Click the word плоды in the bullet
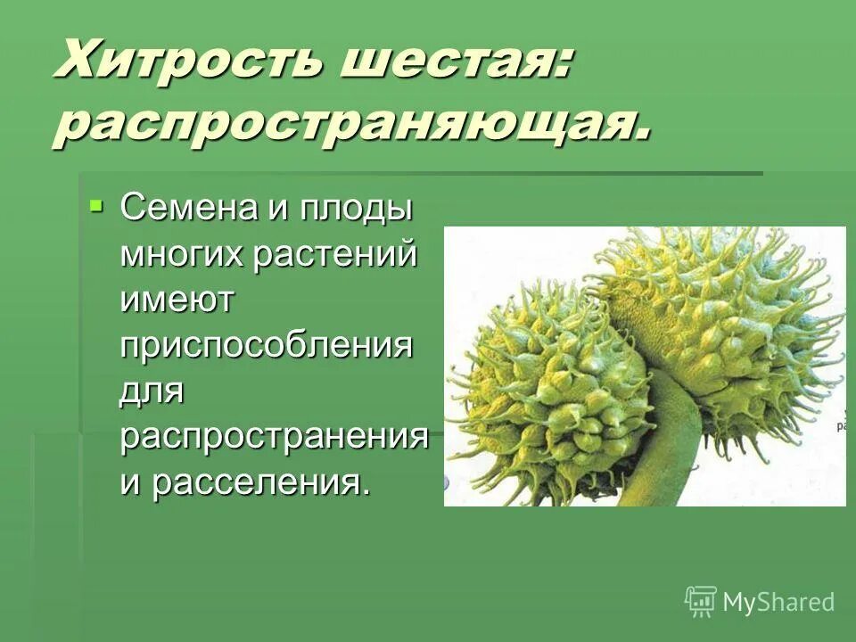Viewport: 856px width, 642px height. (360, 210)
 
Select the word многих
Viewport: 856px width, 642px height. (184, 256)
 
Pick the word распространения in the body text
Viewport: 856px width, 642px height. (275, 437)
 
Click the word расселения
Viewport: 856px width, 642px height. (259, 482)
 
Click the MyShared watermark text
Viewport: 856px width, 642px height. (778, 602)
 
